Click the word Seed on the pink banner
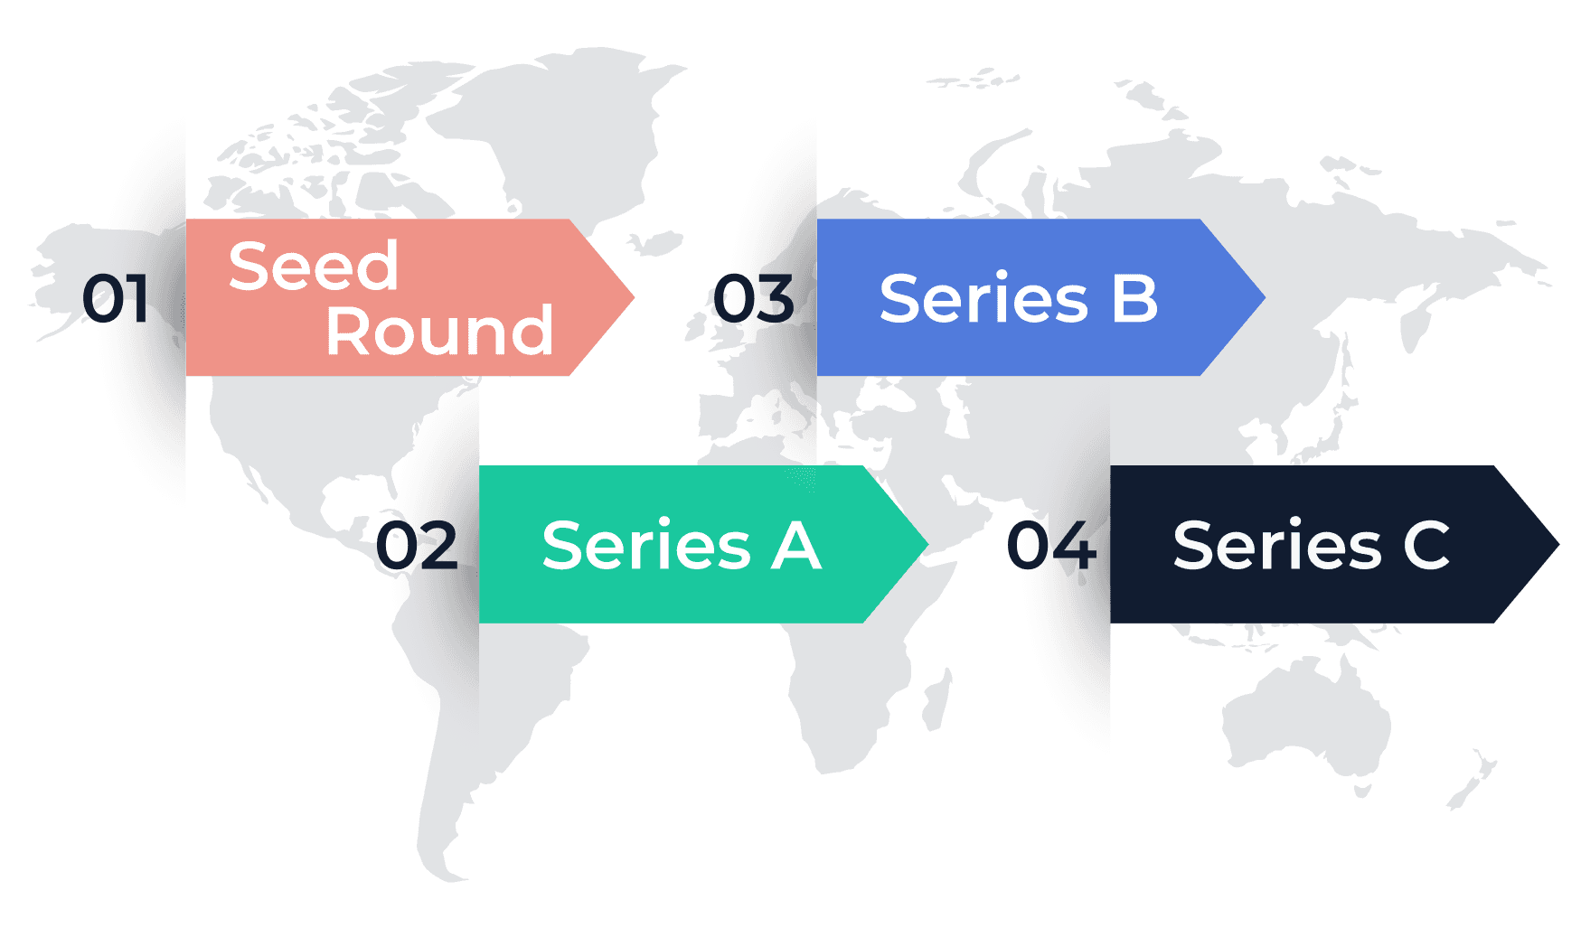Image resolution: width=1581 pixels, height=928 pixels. [313, 267]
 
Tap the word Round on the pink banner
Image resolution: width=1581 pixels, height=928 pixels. [439, 332]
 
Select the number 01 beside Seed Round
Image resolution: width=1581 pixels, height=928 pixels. [117, 300]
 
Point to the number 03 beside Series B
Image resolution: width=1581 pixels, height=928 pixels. [755, 300]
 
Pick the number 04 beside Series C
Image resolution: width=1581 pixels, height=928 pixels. [1051, 546]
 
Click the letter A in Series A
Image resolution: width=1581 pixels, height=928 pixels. [795, 546]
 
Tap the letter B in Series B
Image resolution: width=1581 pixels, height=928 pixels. [1134, 299]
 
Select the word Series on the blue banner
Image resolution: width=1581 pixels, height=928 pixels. [983, 299]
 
